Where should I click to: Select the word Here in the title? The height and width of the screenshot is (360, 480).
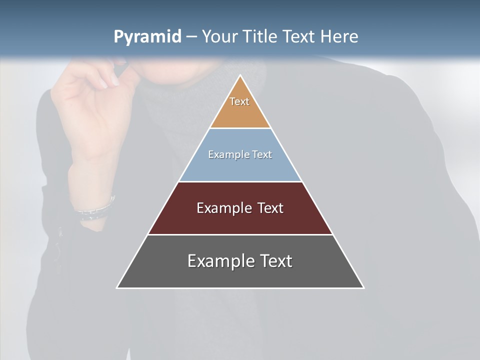tap(339, 36)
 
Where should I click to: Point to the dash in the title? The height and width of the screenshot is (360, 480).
tap(191, 37)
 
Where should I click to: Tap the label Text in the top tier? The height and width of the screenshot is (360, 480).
tap(239, 101)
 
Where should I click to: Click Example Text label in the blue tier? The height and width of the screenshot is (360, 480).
tap(240, 154)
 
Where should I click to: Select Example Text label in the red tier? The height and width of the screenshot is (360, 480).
tap(240, 208)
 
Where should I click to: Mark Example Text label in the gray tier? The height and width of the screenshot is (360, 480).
tap(240, 261)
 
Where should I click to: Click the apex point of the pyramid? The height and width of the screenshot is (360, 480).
tap(240, 76)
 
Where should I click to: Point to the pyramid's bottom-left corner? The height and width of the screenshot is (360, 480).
tap(117, 287)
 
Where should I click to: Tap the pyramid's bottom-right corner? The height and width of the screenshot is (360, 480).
tap(363, 287)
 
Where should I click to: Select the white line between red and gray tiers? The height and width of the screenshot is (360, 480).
tap(240, 234)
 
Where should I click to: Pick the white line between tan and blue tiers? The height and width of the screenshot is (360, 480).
tap(240, 128)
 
